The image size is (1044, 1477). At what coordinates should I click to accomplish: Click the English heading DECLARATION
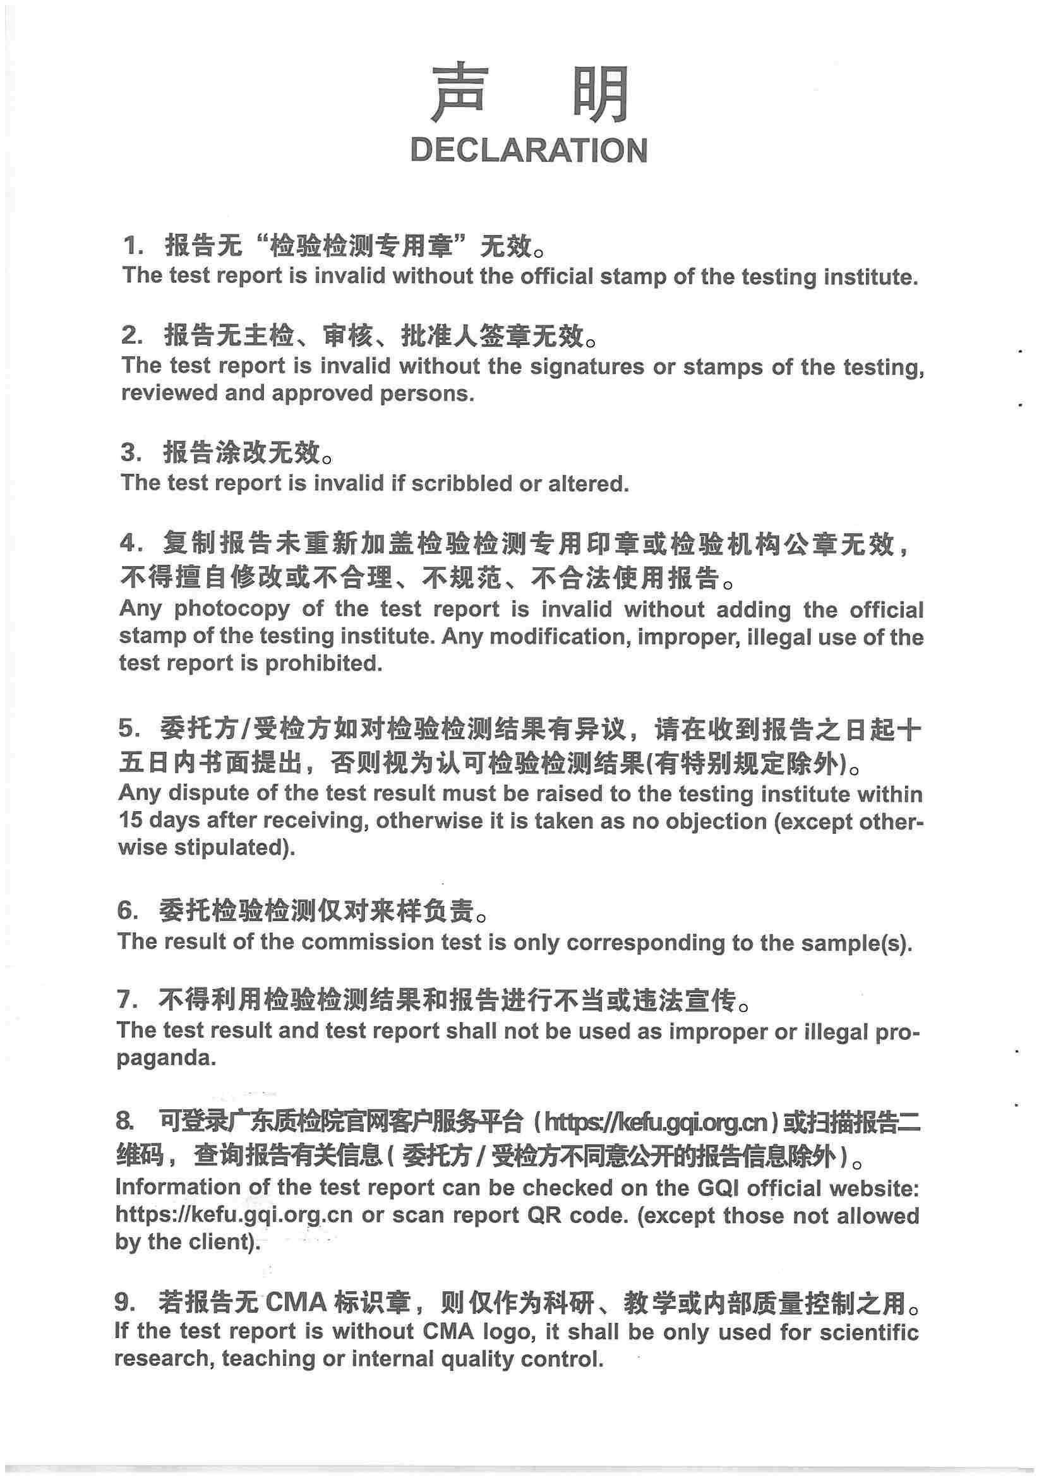click(x=528, y=150)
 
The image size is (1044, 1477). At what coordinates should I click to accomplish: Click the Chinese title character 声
click(x=458, y=93)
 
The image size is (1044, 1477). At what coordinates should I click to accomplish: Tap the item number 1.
click(x=132, y=246)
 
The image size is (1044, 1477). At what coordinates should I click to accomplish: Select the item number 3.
click(x=130, y=453)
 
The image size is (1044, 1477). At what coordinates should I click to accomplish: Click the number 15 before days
click(x=131, y=821)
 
